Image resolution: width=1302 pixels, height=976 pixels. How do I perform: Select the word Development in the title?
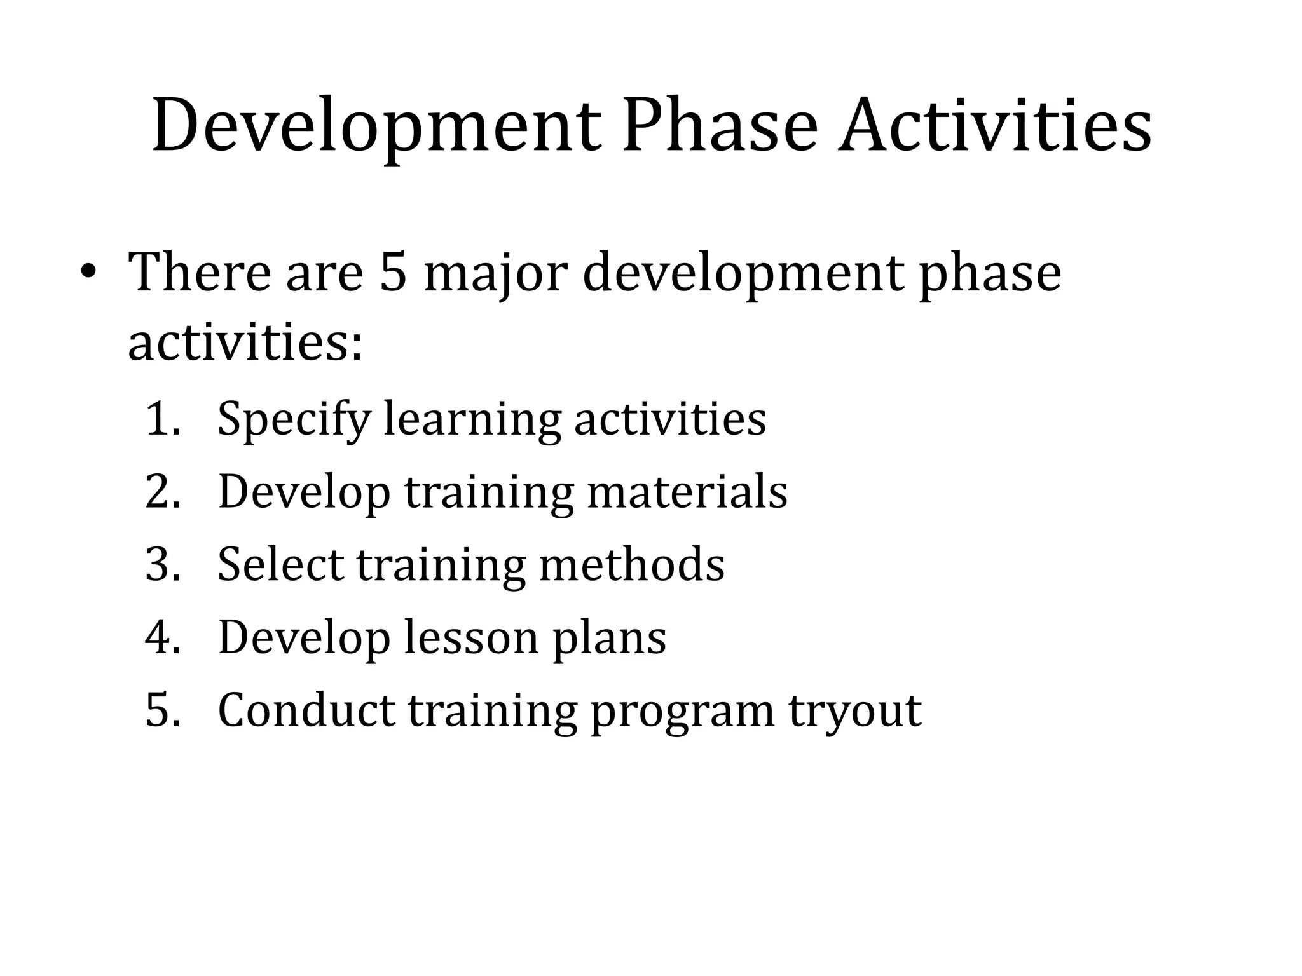376,125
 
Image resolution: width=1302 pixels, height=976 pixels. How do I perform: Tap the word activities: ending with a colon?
245,343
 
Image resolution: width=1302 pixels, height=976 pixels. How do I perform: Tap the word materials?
687,492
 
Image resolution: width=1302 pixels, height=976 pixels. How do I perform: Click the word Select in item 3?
280,564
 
